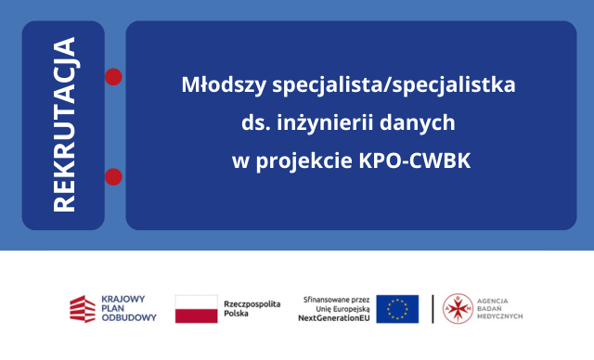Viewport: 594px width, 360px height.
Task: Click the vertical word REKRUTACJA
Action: tap(64, 125)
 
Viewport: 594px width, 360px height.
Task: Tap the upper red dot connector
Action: tap(114, 76)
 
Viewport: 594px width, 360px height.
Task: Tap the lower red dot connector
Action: tap(114, 175)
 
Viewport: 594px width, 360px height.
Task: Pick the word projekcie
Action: tap(301, 160)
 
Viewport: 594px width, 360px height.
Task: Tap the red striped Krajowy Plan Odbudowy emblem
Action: tap(82, 308)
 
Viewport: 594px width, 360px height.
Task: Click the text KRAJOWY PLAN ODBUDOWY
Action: tap(127, 308)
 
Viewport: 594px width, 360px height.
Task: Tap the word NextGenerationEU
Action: tap(333, 318)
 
